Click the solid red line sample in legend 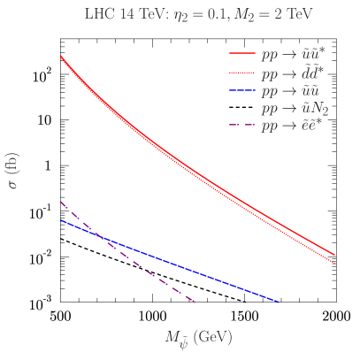coord(241,54)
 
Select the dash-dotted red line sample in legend coord(241,73)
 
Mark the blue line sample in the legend coord(241,90)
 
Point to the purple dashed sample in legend coord(241,126)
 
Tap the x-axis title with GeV coord(198,338)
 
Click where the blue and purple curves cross coord(97,236)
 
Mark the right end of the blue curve coord(280,303)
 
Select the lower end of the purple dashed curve coord(195,303)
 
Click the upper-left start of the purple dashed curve coord(60,202)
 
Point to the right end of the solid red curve coord(335,254)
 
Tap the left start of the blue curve coord(60,219)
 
